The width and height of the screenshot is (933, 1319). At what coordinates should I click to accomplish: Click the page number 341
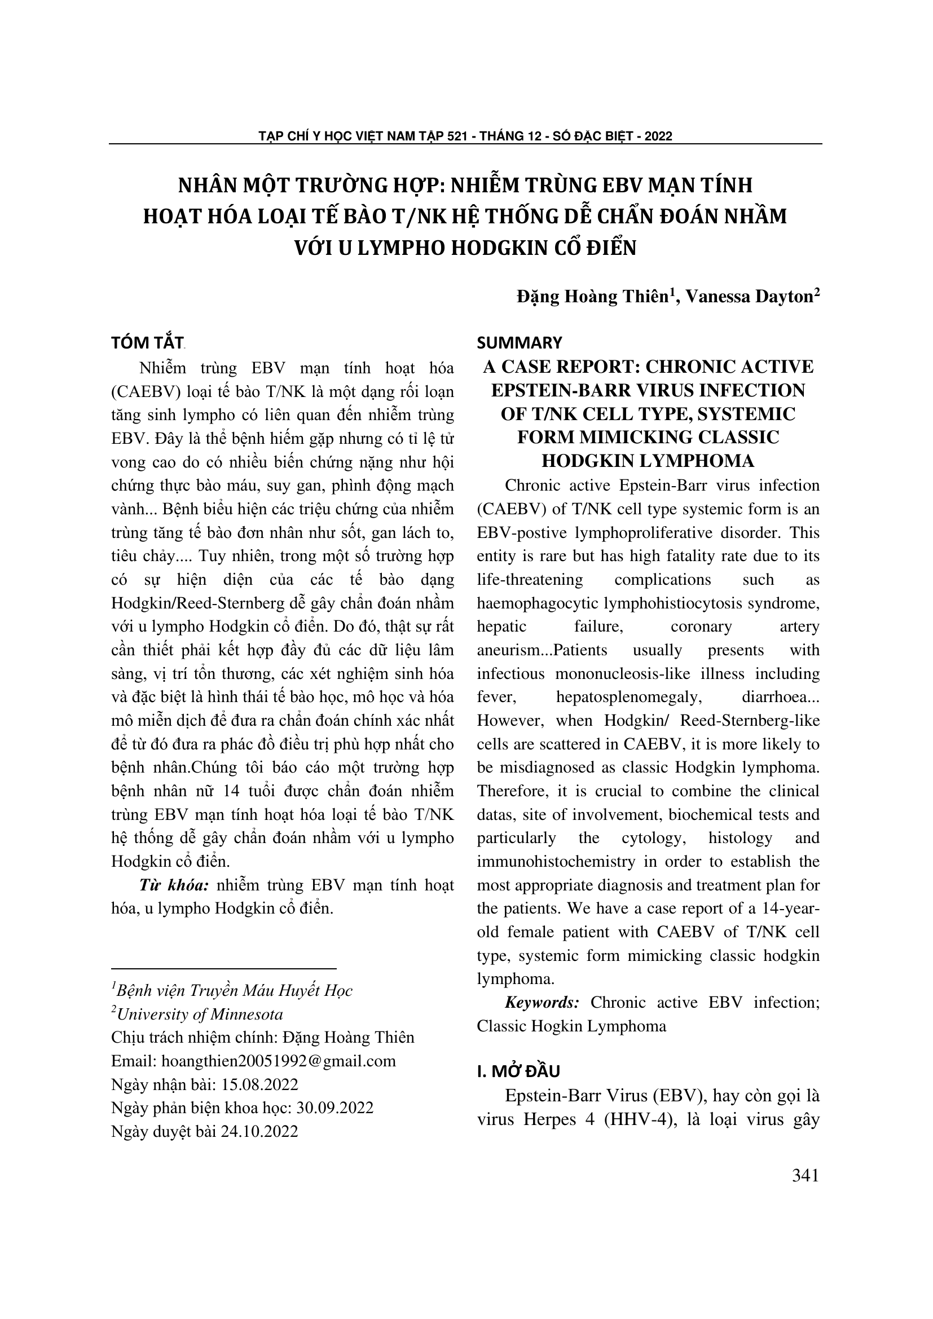coord(805,1176)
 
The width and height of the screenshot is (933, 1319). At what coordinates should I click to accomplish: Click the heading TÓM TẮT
coord(147,343)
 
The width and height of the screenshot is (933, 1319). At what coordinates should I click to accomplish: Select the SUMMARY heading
coord(520,343)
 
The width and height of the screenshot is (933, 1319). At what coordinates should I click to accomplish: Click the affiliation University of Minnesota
coord(200,1014)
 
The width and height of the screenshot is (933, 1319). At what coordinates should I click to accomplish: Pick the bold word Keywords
coord(542,1003)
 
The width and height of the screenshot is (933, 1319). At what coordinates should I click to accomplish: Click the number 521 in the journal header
coord(457,136)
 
